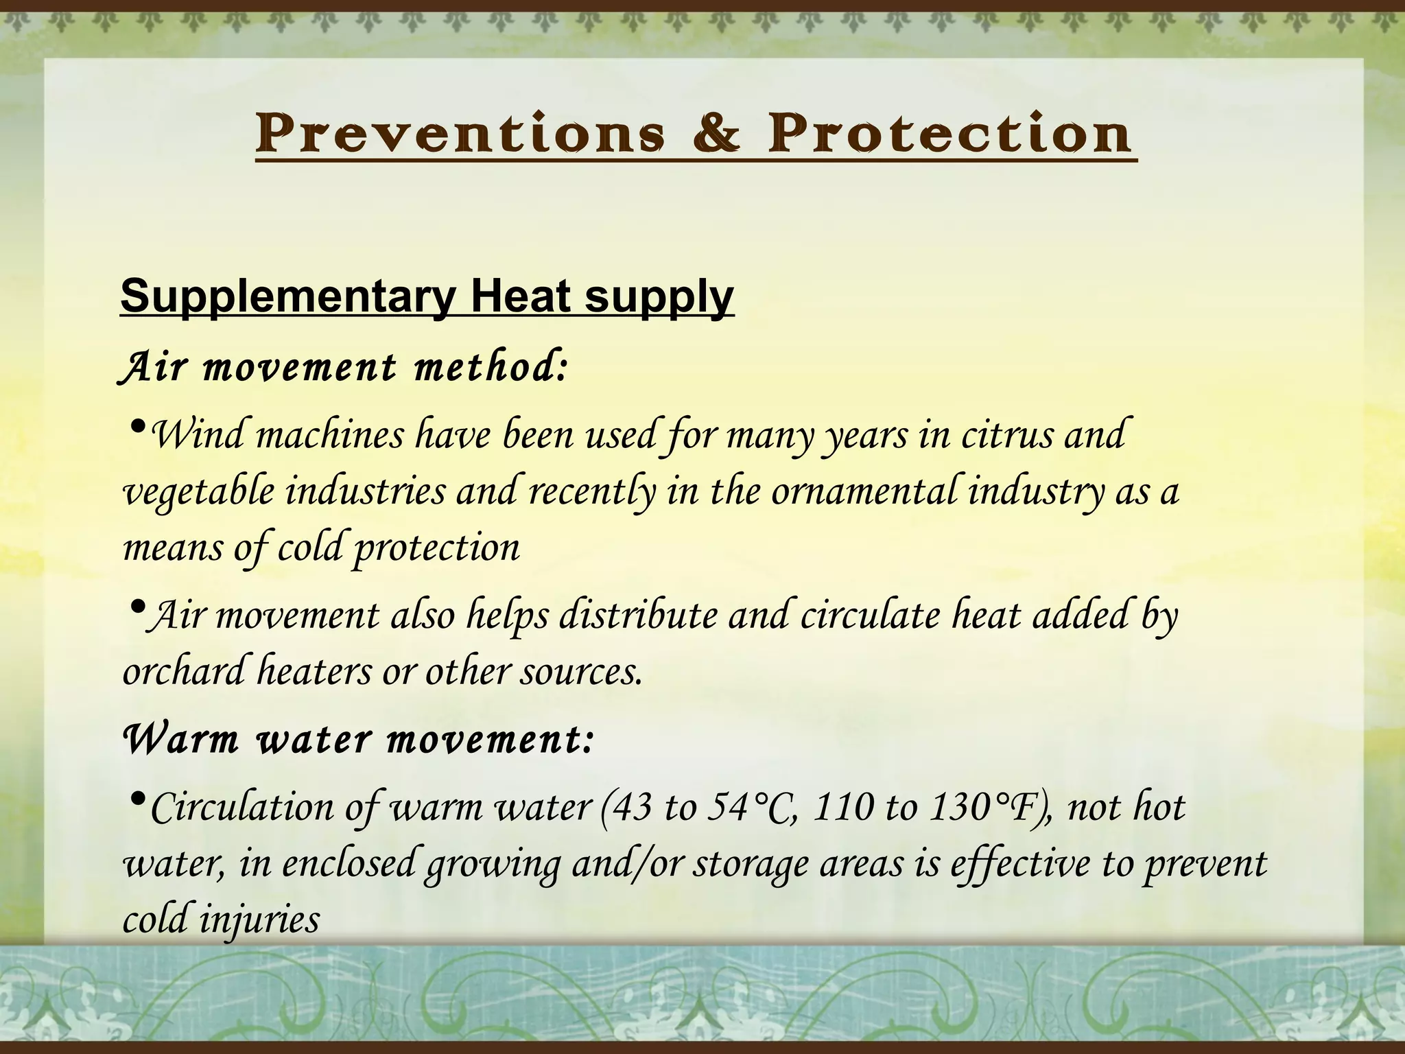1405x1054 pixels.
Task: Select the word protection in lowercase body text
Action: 436,548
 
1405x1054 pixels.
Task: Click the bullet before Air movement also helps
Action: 137,607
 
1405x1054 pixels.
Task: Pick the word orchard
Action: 183,670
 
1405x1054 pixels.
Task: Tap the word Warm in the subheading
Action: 180,740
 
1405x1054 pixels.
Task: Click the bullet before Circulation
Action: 137,799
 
